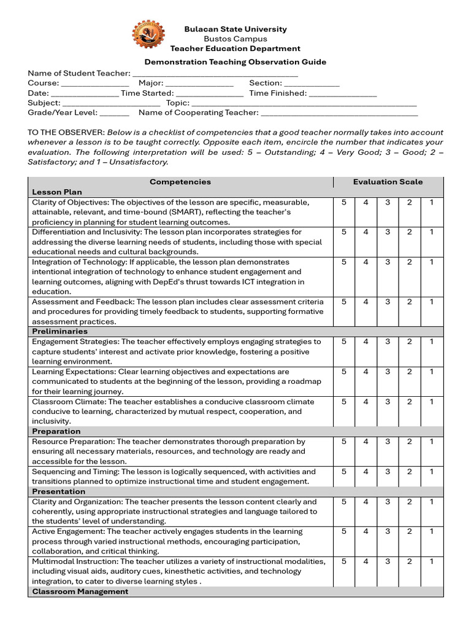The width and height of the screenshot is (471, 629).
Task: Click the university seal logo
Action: pyautogui.click(x=148, y=34)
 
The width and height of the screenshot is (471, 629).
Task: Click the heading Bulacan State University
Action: pyautogui.click(x=235, y=29)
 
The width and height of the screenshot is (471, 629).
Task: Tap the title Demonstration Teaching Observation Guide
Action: pyautogui.click(x=235, y=62)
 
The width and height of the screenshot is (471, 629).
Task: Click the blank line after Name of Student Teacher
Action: pyautogui.click(x=215, y=73)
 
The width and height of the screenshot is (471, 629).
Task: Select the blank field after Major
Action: pyautogui.click(x=199, y=84)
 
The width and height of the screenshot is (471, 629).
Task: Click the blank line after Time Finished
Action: pyautogui.click(x=343, y=93)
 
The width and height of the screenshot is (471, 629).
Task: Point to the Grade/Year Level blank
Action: pyautogui.click(x=114, y=113)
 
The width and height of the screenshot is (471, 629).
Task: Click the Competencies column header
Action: pyautogui.click(x=180, y=182)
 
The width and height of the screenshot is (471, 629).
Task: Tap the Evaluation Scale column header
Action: pyautogui.click(x=388, y=182)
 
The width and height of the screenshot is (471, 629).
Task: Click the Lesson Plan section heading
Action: pyautogui.click(x=57, y=192)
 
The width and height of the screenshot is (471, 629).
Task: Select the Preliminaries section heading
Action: pyautogui.click(x=59, y=331)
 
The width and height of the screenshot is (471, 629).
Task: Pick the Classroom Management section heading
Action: pyautogui.click(x=80, y=591)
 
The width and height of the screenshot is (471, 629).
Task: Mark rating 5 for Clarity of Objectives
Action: pyautogui.click(x=344, y=202)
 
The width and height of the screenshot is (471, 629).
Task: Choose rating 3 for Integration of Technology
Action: pyautogui.click(x=388, y=262)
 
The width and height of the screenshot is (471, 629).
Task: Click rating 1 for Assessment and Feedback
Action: pyautogui.click(x=431, y=302)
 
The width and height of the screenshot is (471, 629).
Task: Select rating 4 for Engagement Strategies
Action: pyautogui.click(x=366, y=342)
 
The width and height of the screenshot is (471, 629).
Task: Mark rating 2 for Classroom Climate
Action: pyautogui.click(x=409, y=401)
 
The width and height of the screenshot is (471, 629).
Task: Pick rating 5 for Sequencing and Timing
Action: pyautogui.click(x=344, y=472)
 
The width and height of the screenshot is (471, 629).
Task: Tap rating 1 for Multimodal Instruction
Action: pyautogui.click(x=431, y=561)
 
